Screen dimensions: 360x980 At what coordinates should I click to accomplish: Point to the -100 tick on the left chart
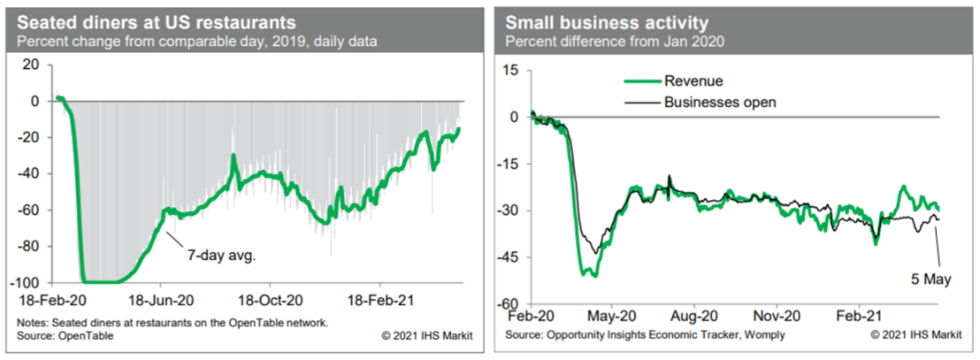point(29,283)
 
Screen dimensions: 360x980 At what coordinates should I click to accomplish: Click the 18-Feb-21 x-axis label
point(379,301)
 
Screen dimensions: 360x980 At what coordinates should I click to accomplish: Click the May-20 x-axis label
point(611,316)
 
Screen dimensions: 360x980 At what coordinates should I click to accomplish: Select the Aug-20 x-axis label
point(694,316)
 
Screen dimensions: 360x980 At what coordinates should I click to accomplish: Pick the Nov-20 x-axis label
point(777,316)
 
